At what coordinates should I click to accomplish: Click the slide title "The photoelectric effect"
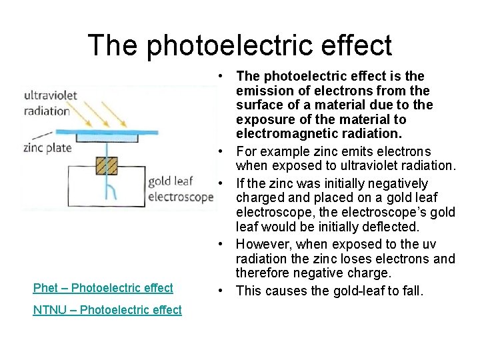click(239, 45)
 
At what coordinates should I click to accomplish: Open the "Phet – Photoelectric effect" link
click(103, 288)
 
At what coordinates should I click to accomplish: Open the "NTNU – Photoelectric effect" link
click(107, 310)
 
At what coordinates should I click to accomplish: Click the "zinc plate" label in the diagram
click(47, 147)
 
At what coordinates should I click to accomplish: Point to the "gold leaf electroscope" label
click(180, 189)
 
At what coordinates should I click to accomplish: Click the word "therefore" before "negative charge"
click(261, 273)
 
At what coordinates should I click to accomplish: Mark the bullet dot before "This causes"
click(221, 291)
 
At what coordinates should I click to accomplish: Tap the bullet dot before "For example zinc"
click(221, 152)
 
